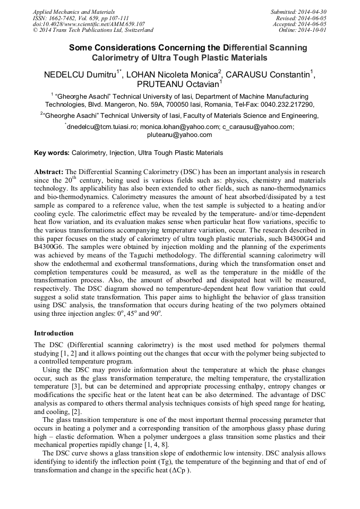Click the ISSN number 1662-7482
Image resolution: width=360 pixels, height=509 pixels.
coord(65,18)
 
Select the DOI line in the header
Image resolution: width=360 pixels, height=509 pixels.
coord(89,24)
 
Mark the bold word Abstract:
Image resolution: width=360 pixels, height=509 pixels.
coord(49,172)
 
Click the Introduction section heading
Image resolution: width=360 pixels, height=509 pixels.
coord(54,333)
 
